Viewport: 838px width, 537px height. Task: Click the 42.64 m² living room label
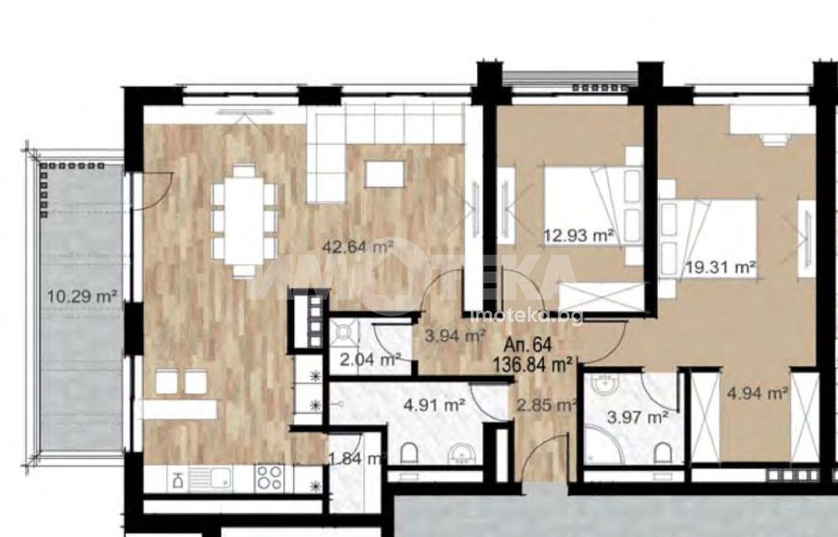tap(358, 247)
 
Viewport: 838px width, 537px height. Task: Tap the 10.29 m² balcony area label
tap(82, 296)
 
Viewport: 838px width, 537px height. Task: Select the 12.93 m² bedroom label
tap(578, 235)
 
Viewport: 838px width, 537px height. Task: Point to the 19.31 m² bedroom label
tap(721, 266)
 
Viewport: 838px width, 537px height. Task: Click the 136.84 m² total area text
tap(532, 365)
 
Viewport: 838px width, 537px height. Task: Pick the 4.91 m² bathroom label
tap(433, 405)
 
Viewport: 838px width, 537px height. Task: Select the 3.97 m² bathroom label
tap(638, 416)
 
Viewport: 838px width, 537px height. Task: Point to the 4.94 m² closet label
tap(758, 394)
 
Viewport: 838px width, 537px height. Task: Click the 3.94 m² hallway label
tap(455, 336)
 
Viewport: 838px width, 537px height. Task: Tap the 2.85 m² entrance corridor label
tap(546, 405)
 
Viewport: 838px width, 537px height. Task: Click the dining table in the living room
tap(244, 220)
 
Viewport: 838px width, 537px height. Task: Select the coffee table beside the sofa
tap(385, 173)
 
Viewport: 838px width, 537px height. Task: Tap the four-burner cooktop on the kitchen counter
tap(270, 478)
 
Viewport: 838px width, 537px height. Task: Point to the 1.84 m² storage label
tap(357, 458)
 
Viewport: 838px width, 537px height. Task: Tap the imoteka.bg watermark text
tap(526, 318)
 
